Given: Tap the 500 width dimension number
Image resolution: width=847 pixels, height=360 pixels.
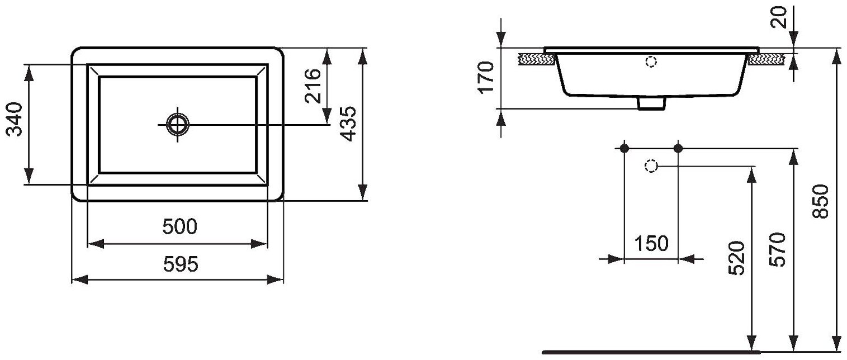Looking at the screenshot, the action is (179, 228).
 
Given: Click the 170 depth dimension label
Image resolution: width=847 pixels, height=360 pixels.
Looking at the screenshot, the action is (485, 78).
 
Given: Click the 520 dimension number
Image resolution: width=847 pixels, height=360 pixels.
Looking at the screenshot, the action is (737, 258).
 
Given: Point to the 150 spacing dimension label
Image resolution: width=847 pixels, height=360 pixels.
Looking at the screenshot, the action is (651, 244).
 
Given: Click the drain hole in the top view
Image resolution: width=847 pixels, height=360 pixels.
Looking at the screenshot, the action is (177, 124).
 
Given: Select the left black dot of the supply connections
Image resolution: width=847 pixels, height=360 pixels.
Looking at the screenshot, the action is (624, 148).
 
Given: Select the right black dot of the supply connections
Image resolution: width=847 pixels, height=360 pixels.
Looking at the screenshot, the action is (678, 148).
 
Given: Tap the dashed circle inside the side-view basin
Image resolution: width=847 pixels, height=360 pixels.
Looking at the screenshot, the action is (651, 62).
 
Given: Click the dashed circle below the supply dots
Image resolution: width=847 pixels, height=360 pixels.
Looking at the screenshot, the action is (650, 166).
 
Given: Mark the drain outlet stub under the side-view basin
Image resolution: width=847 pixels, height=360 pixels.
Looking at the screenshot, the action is (651, 103).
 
